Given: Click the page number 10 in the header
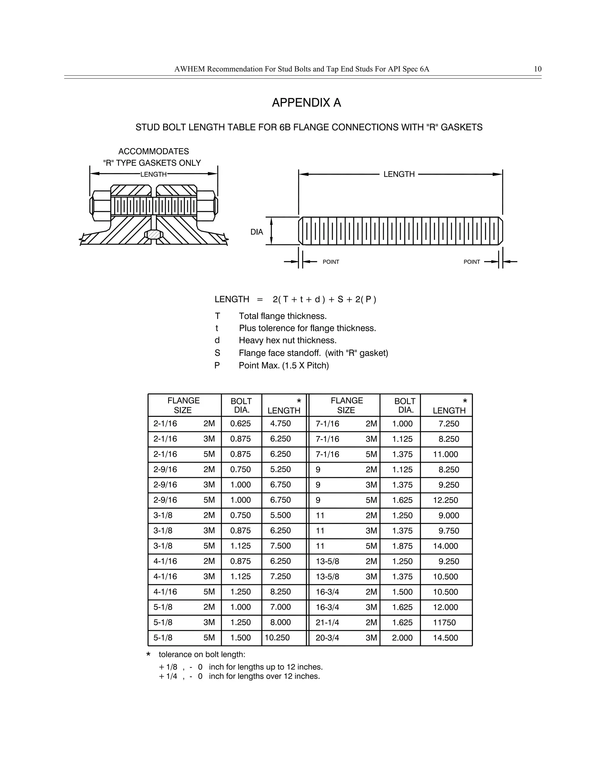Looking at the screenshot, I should tap(537, 69).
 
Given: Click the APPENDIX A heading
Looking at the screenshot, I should tap(306, 103).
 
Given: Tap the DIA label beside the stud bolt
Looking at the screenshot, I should tap(257, 232).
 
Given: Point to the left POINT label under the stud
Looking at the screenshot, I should tap(331, 262).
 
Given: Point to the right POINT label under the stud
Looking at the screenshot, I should tap(471, 262).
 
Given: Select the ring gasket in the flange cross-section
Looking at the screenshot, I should tap(154, 234).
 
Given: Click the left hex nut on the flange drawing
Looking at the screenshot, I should tap(101, 206).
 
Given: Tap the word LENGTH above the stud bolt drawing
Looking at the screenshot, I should tap(399, 175).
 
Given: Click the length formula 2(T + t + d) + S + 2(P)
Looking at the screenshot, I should tap(324, 299).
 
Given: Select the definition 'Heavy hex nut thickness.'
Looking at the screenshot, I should tap(288, 340).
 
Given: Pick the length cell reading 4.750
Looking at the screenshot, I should tap(281, 424).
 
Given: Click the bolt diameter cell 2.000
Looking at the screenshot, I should tap(402, 638).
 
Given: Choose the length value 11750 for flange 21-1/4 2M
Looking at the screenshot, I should tap(444, 622).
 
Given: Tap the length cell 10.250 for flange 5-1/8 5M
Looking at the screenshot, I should tap(277, 638).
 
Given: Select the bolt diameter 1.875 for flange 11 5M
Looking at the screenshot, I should tap(402, 546).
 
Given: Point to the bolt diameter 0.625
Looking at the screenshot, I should tap(241, 424).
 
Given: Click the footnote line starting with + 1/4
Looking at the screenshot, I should tap(239, 676).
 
